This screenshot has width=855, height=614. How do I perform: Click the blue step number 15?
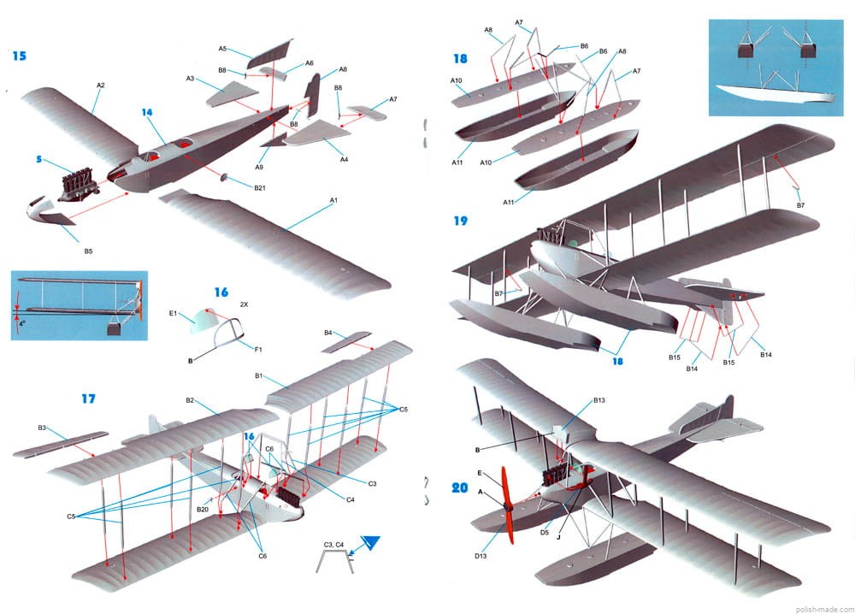click(x=19, y=56)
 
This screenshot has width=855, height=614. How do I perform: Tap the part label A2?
click(x=100, y=86)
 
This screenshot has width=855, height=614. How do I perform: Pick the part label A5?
click(x=223, y=49)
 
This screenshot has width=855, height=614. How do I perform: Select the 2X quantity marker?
click(x=244, y=304)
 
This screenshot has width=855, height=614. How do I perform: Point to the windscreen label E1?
click(x=174, y=314)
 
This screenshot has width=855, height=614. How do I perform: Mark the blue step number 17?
click(x=88, y=399)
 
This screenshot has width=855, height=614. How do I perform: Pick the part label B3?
click(x=42, y=427)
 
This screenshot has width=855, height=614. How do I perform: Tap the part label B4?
click(x=328, y=333)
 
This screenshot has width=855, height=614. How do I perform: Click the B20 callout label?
click(x=203, y=510)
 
